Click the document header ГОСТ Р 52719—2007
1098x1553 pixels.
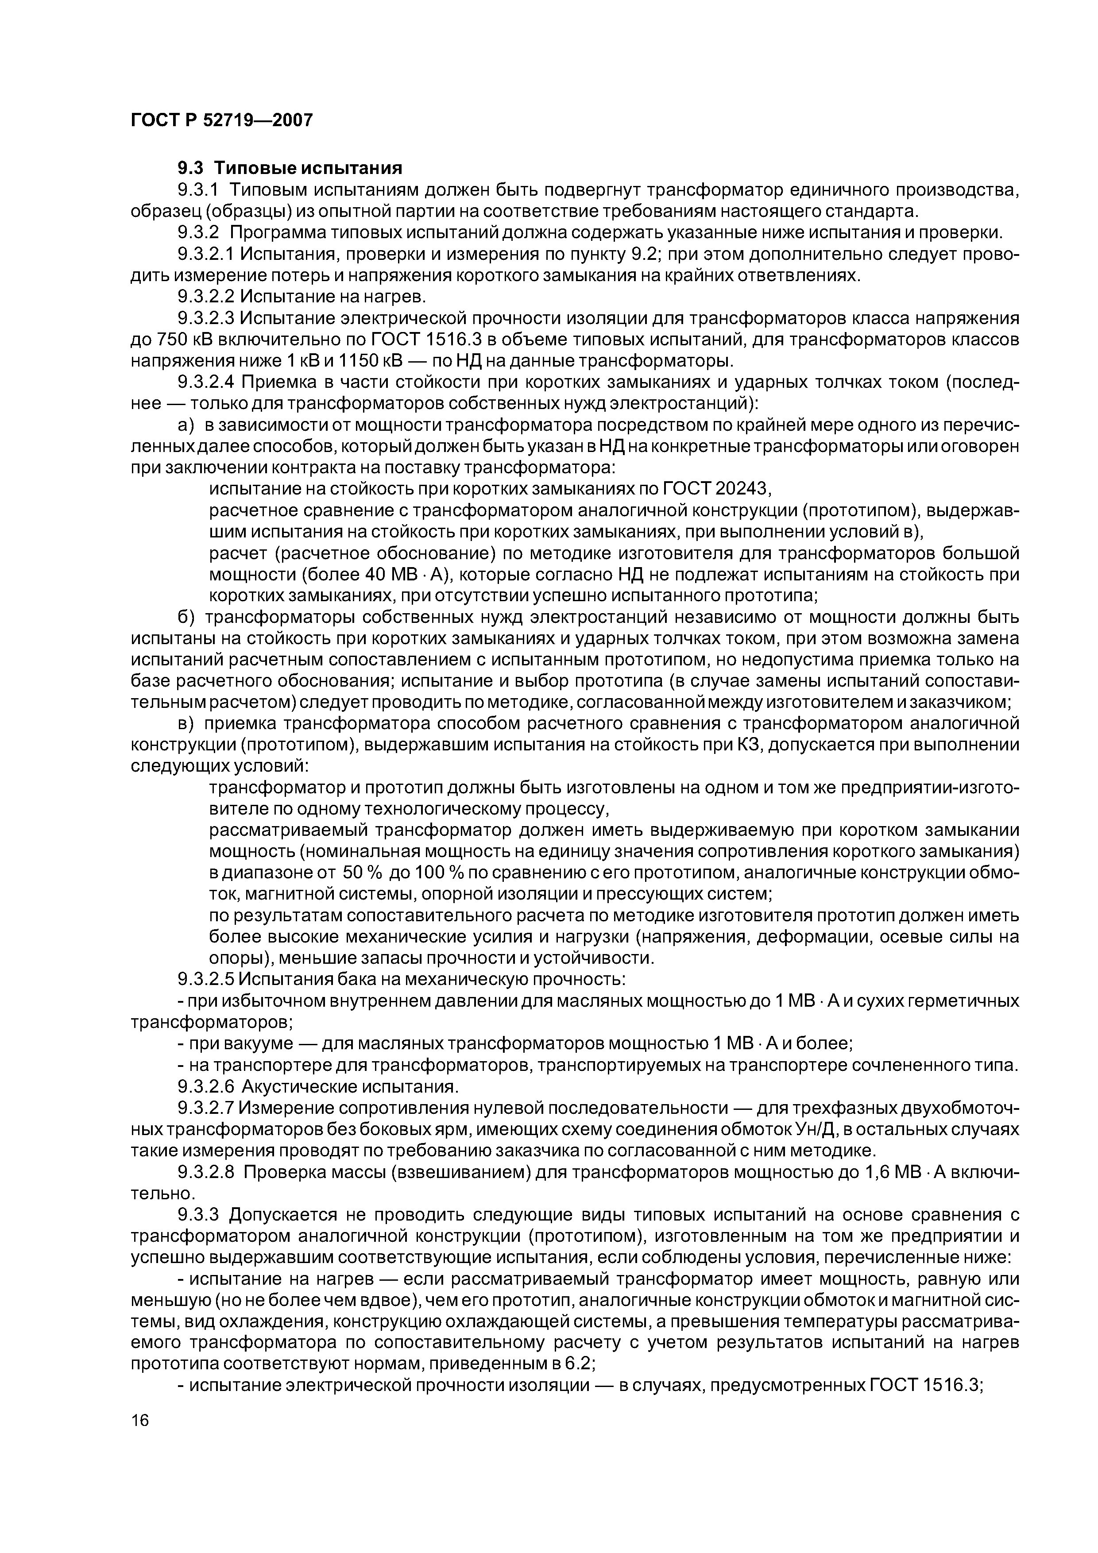pos(221,120)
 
